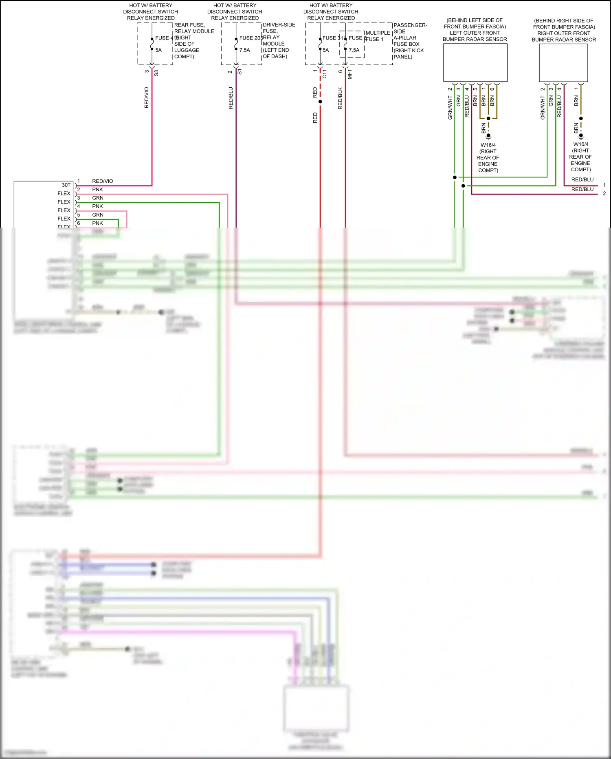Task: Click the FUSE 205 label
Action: point(251,38)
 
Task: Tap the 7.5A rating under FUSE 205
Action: point(245,50)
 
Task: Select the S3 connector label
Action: point(156,73)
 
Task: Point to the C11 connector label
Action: point(325,74)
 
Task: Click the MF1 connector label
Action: point(350,74)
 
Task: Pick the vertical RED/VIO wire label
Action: point(147,97)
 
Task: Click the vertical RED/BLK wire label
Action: point(341,98)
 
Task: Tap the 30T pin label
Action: point(66,185)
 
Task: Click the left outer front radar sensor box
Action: point(475,62)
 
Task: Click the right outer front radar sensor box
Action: point(563,62)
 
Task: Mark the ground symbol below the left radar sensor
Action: point(488,136)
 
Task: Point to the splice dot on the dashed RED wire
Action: point(320,102)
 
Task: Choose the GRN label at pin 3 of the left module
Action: point(98,198)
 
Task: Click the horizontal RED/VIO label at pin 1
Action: point(103,181)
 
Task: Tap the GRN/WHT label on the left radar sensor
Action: point(450,108)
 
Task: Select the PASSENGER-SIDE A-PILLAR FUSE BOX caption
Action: point(409,41)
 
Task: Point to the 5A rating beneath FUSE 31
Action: point(325,50)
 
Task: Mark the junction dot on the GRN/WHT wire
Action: point(455,177)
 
